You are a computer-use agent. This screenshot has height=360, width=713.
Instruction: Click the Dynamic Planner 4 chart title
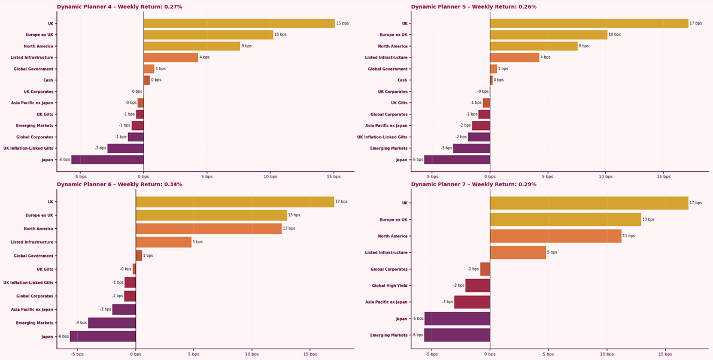[x=120, y=7]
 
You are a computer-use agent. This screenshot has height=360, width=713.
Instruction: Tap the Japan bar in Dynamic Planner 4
[x=107, y=160]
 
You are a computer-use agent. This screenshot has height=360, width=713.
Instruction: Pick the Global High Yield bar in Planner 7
[x=477, y=286]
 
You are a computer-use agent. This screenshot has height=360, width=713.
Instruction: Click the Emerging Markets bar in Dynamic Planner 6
[x=112, y=323]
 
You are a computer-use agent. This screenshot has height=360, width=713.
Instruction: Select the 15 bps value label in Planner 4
[x=342, y=23]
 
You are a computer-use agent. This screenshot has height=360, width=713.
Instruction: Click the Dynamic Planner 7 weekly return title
[x=474, y=184]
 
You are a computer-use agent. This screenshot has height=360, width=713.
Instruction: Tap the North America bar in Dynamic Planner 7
[x=556, y=236]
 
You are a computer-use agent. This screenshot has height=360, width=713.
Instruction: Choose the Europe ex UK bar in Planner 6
[x=211, y=215]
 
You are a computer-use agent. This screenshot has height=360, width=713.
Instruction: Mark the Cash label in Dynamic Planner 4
[x=48, y=80]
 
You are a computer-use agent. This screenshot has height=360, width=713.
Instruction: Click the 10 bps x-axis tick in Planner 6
[x=251, y=354]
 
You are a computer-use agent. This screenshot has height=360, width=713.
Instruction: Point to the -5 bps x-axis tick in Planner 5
[x=432, y=177]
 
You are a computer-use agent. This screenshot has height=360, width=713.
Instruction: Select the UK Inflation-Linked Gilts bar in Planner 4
[x=126, y=149]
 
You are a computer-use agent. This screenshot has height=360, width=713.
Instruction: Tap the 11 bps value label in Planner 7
[x=629, y=236]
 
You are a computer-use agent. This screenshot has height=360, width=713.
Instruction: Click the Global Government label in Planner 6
[x=32, y=256]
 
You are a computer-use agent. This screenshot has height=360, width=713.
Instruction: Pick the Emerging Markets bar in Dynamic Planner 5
[x=471, y=149]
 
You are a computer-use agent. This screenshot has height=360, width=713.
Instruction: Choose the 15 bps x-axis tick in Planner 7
[x=665, y=354]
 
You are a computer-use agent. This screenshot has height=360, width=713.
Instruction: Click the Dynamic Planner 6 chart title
[x=120, y=184]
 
